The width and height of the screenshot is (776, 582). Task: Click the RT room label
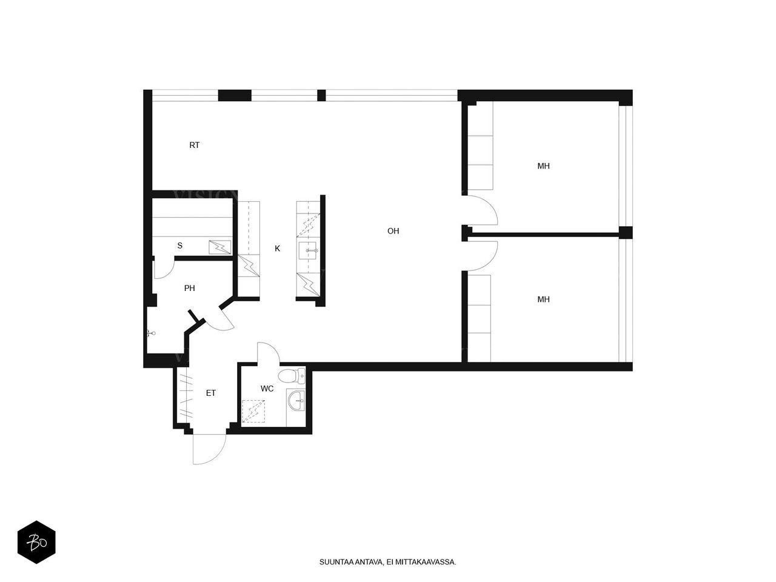pyautogui.click(x=194, y=145)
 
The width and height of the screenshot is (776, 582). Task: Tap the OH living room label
pyautogui.click(x=393, y=231)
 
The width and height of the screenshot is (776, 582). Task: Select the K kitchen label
pyautogui.click(x=277, y=249)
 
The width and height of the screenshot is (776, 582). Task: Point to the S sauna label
pyautogui.click(x=179, y=246)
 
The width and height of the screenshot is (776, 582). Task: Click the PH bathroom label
pyautogui.click(x=190, y=289)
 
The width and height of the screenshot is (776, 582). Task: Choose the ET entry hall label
pyautogui.click(x=211, y=393)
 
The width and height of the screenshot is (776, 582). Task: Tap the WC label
pyautogui.click(x=267, y=389)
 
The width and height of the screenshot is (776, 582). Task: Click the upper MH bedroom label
pyautogui.click(x=543, y=166)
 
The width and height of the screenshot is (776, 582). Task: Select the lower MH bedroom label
pyautogui.click(x=543, y=299)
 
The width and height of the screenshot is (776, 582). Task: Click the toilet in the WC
pyautogui.click(x=292, y=376)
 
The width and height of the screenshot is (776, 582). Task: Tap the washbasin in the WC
pyautogui.click(x=296, y=401)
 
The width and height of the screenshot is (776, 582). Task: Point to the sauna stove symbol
pyautogui.click(x=220, y=247)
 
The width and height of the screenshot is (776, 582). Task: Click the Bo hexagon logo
pyautogui.click(x=36, y=542)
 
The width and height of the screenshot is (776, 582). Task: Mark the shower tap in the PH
pyautogui.click(x=151, y=333)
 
